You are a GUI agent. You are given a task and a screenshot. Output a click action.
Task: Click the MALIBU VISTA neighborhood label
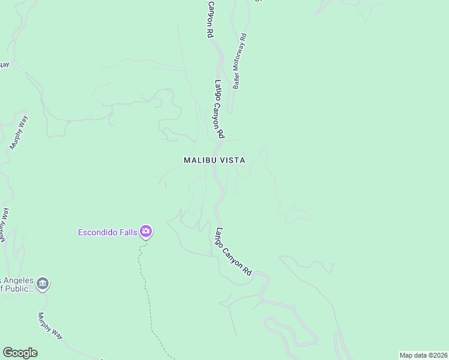[214, 160]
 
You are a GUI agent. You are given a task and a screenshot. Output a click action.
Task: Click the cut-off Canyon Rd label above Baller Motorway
[210, 19]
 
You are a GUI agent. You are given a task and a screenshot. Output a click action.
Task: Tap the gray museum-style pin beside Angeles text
[42, 283]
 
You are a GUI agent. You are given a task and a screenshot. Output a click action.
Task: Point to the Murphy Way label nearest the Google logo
[50, 326]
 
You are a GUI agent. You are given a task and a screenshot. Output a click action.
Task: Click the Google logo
[20, 353]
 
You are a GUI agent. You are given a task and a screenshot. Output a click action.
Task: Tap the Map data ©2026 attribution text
[423, 355]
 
